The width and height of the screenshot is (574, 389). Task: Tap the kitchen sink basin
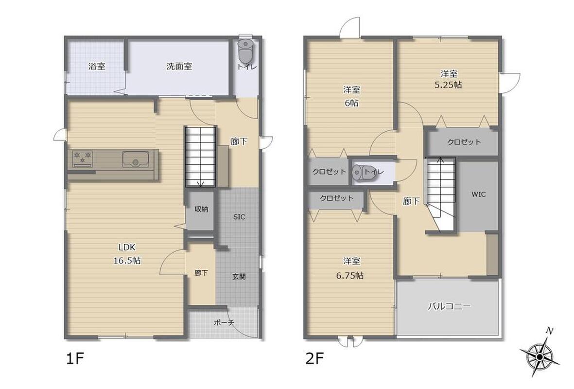tap(135, 159)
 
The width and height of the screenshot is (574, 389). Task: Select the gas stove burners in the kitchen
tap(82, 158)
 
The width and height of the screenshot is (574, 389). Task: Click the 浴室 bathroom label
tap(97, 66)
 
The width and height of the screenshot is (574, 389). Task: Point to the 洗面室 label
tap(179, 66)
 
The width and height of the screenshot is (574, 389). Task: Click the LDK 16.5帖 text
tap(127, 253)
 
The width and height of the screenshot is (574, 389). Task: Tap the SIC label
tap(239, 217)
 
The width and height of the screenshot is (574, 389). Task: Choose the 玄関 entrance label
tap(239, 276)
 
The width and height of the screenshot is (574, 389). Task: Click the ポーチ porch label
tap(224, 322)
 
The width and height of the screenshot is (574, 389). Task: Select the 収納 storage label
tap(201, 209)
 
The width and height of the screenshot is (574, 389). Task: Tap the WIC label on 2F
tap(478, 194)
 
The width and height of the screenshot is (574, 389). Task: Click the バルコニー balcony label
tap(449, 306)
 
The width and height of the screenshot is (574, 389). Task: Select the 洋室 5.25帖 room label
tap(449, 79)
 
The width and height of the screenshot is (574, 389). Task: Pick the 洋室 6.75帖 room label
tap(350, 268)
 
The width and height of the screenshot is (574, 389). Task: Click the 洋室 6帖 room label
tap(351, 96)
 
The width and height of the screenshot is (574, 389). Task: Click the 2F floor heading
tap(315, 359)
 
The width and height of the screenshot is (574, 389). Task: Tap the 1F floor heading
tap(75, 359)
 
